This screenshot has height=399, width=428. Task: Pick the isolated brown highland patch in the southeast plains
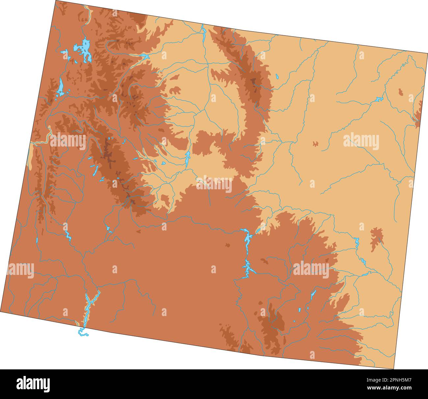pos(376,238)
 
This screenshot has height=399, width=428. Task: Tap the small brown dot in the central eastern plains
pos(315,144)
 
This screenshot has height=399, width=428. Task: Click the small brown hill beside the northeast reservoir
pos(400,92)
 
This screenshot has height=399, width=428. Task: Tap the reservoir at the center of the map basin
pos(187,158)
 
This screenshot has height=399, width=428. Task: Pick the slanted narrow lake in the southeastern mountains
pos(313,294)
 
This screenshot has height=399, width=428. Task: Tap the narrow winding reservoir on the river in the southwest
pos(67,234)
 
